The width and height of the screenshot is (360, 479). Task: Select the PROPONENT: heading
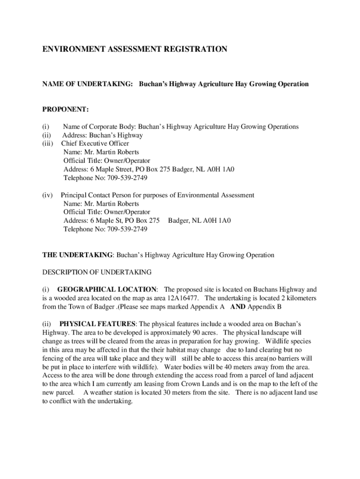pos(65,109)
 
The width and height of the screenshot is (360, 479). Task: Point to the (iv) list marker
pos(48,195)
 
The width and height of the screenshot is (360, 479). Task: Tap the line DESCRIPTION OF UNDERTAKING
pos(97,272)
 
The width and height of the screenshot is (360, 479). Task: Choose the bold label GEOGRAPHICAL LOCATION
pos(107,290)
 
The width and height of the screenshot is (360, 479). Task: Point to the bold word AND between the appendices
pos(238,307)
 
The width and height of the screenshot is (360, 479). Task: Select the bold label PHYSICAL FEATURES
pos(97,324)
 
